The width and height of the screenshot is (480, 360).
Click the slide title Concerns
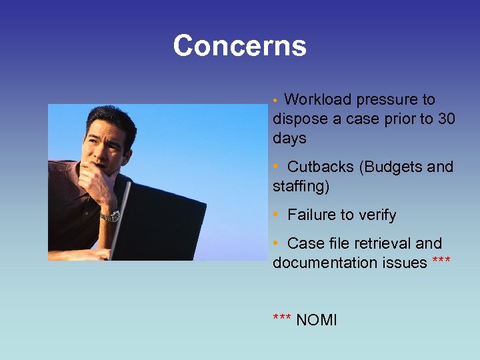(239, 46)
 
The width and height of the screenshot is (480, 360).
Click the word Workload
(317, 100)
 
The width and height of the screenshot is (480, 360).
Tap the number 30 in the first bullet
(447, 119)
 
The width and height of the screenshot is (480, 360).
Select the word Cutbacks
(321, 167)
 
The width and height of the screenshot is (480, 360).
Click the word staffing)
(301, 186)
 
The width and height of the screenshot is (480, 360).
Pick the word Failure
(311, 215)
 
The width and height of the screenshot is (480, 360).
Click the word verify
(377, 215)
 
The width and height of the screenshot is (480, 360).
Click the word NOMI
(317, 320)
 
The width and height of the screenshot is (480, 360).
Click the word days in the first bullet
(289, 139)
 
